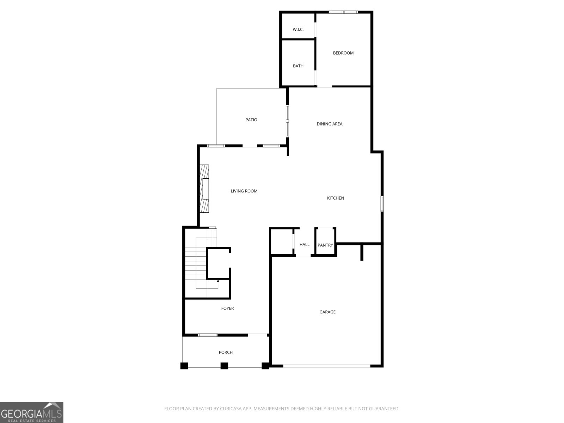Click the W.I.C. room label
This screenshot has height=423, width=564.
(x=298, y=30)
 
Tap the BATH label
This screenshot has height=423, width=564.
(x=298, y=66)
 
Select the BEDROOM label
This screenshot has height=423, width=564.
(x=343, y=53)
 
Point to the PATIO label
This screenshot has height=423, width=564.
(x=251, y=120)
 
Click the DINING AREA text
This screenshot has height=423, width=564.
(x=329, y=124)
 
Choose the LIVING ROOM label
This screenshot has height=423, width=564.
(x=244, y=191)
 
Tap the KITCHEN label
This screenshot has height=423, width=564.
(x=335, y=198)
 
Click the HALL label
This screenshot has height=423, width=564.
(x=304, y=244)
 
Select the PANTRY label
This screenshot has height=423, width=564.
(x=325, y=245)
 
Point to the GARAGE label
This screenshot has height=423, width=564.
(x=327, y=312)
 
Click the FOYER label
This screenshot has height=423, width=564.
(x=227, y=308)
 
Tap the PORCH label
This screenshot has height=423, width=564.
(x=226, y=352)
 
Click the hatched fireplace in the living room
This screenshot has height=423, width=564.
(x=204, y=189)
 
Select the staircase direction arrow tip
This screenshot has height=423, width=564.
(x=218, y=281)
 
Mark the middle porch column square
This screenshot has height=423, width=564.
(x=224, y=366)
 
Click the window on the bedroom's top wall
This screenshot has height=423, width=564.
(x=343, y=12)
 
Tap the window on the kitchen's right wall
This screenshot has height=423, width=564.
(x=382, y=204)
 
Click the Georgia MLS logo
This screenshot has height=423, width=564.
(x=32, y=412)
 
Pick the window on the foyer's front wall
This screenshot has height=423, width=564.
(x=208, y=335)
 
